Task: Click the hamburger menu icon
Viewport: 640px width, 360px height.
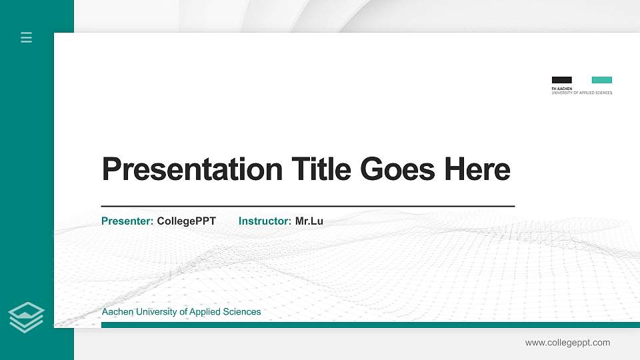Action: coord(27,37)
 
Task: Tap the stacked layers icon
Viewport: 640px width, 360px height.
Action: coord(26,317)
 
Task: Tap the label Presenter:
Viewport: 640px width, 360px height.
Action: coord(127,221)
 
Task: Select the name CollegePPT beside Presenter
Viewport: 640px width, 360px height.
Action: coord(186,221)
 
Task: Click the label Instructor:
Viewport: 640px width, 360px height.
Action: coord(265,221)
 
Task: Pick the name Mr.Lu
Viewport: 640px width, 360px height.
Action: coord(309,221)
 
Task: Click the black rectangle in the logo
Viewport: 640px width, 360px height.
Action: coord(561,80)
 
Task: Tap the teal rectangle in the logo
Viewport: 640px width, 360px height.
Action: coord(601,80)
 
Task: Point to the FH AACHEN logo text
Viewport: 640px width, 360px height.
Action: coord(561,88)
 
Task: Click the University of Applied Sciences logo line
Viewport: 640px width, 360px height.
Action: coord(581,93)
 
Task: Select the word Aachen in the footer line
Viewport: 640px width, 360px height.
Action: coord(117,312)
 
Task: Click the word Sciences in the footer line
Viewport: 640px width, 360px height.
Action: coord(242,312)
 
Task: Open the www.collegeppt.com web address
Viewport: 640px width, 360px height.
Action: coord(567,343)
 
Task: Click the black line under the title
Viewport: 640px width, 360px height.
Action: coord(307,207)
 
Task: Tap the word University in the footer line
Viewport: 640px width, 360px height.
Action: coord(156,312)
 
